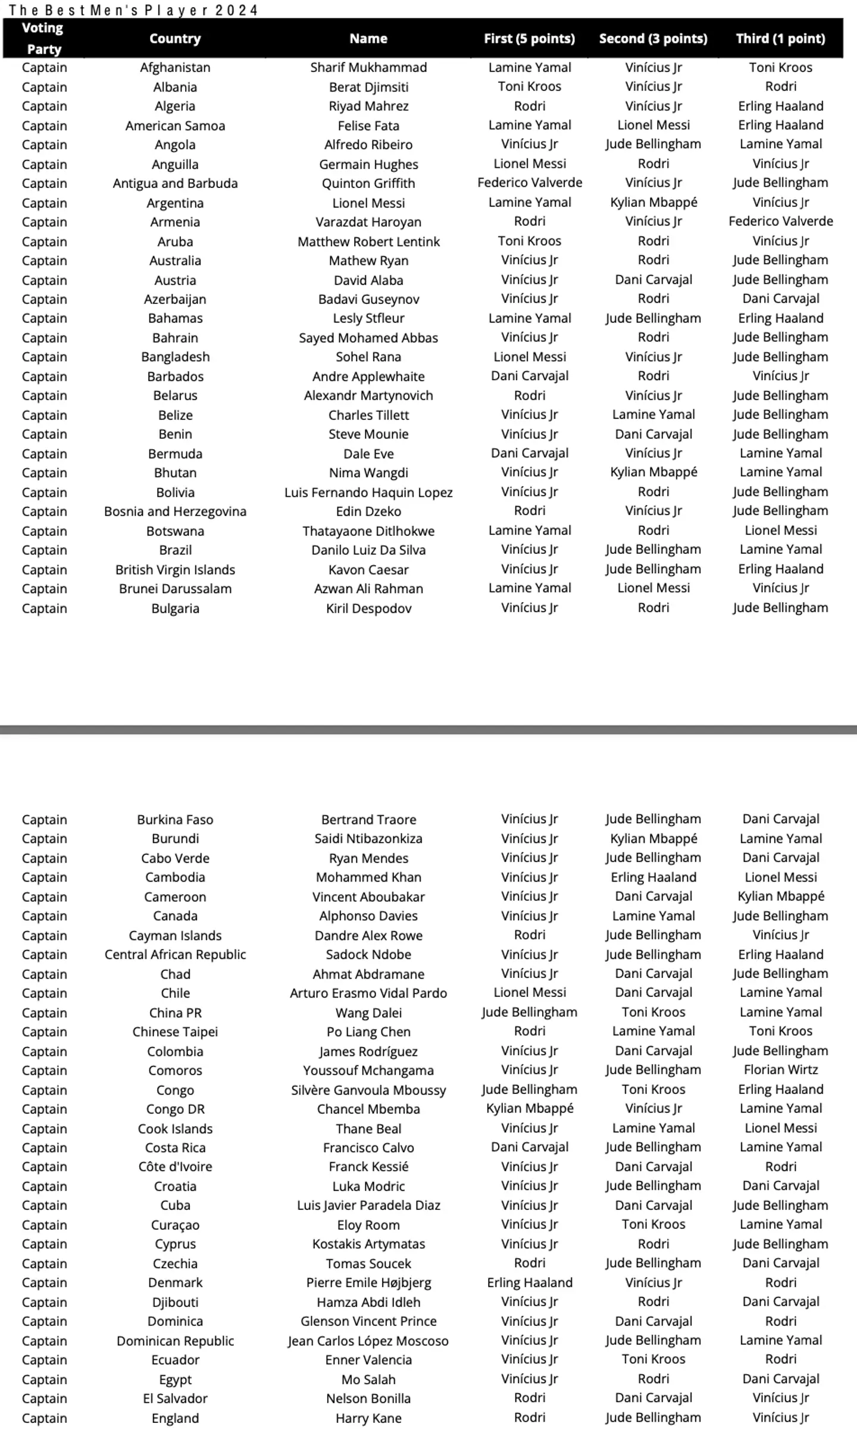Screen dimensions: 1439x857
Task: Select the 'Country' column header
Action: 175,39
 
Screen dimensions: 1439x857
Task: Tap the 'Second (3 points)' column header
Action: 653,39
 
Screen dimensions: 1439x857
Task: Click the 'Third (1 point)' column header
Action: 780,39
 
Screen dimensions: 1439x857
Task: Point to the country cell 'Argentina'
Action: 175,203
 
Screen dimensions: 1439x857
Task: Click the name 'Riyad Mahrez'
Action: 368,106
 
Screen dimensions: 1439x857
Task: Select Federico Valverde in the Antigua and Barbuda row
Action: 530,183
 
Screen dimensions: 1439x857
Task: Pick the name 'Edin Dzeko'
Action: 368,512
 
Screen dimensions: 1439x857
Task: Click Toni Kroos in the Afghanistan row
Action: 780,67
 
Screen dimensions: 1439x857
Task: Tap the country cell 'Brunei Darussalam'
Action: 175,588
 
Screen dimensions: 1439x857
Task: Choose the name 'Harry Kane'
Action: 368,1418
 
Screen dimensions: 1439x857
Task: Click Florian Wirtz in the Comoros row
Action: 780,1070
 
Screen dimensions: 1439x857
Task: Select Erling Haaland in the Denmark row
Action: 530,1282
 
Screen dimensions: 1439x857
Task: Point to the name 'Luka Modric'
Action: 368,1186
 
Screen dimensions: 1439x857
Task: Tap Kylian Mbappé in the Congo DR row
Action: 530,1108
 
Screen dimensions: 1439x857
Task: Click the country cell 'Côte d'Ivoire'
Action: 175,1167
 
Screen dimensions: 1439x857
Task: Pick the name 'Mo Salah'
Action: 368,1379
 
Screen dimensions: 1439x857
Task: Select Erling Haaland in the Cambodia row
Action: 653,877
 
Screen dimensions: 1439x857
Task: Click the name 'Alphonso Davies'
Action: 368,916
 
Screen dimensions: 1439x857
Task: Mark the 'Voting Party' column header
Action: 43,39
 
